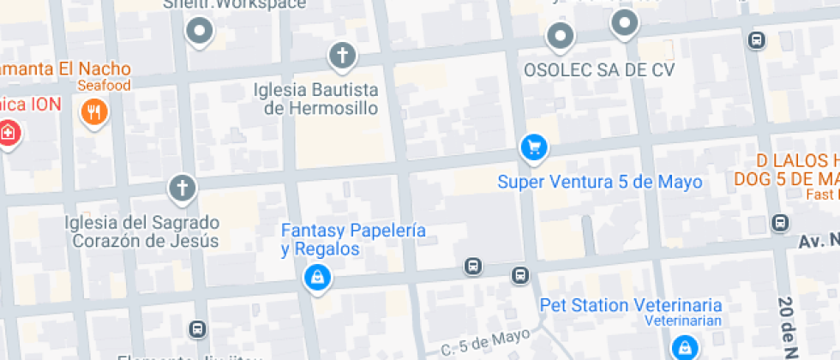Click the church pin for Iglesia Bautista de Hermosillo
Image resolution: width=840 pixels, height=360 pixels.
(342, 57)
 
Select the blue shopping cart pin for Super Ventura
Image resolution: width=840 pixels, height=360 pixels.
(534, 147)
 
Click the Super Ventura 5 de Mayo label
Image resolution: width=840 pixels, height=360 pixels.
(600, 182)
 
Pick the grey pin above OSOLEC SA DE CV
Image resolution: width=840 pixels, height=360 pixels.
(561, 36)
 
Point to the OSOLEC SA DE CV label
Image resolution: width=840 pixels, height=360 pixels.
(599, 70)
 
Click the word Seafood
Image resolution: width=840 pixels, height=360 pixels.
(104, 86)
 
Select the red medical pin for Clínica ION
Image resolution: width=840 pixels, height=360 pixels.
(9, 134)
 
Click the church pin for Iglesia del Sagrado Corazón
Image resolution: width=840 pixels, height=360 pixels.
(182, 188)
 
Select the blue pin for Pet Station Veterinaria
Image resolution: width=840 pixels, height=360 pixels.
(684, 346)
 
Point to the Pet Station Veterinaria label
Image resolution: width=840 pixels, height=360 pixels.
(630, 305)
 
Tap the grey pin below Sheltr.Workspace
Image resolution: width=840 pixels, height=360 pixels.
(200, 33)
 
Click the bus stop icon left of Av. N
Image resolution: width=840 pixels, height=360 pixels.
(779, 223)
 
